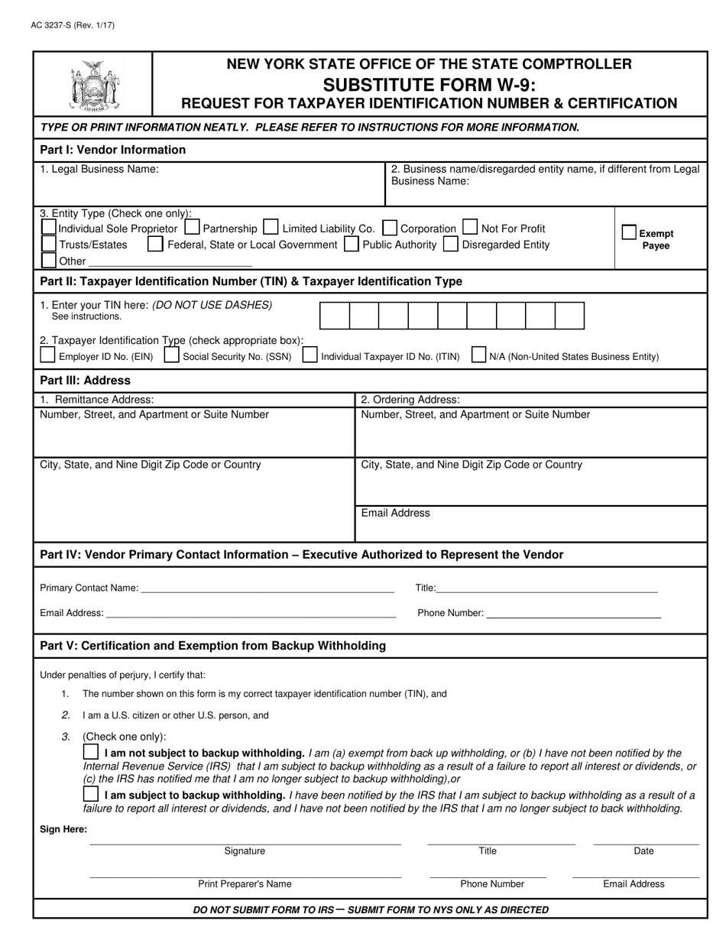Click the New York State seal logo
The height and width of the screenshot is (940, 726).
93,85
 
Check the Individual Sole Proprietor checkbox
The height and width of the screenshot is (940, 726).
48,228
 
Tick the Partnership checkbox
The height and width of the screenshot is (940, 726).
193,228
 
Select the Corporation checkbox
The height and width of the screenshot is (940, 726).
390,228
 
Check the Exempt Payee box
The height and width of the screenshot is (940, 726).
629,232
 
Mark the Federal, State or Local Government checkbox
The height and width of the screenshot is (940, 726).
155,245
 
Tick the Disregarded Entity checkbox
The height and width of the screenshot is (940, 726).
451,245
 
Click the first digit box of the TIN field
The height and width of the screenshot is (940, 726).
334,316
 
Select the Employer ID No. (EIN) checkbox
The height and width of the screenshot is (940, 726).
47,355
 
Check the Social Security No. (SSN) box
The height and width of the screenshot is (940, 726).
172,355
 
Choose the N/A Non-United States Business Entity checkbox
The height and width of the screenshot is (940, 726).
479,355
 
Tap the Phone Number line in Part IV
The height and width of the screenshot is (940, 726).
573,612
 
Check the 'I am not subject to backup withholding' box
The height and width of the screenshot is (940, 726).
91,752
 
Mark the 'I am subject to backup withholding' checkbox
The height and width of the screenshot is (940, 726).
91,794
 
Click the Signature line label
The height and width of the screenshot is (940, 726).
245,851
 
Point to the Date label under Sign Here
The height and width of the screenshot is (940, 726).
643,851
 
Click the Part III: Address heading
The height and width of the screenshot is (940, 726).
85,381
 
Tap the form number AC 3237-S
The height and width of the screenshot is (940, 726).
73,25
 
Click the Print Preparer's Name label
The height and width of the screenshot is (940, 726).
245,883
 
